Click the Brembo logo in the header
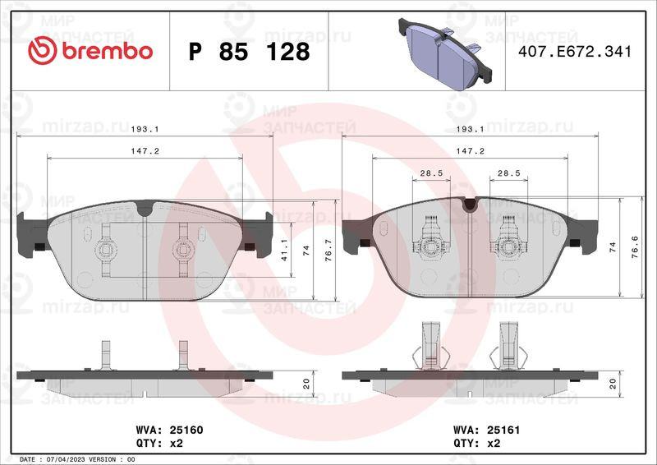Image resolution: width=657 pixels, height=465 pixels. click(x=90, y=50)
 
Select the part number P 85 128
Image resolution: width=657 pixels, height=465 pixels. click(x=249, y=52)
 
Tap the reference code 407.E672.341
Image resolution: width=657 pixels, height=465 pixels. click(x=574, y=51)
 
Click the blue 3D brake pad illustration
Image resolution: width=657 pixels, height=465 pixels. click(x=446, y=53)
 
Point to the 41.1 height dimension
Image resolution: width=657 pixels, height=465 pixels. click(x=284, y=250)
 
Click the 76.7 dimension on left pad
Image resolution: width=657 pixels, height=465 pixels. click(x=328, y=251)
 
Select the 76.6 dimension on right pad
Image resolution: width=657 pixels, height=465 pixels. click(x=635, y=246)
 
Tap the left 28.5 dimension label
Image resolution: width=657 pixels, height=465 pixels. click(x=432, y=173)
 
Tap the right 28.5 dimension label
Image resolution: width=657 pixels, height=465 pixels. click(x=508, y=173)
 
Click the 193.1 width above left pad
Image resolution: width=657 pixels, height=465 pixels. click(x=145, y=129)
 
